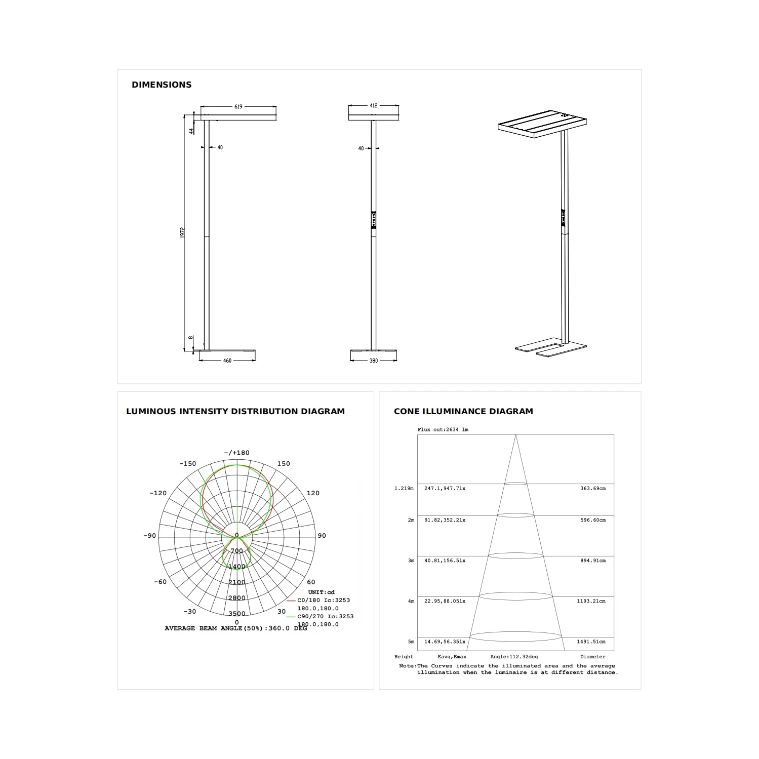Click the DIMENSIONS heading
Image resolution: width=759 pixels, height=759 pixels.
[162, 85]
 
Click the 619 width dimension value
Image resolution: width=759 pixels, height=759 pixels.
[238, 107]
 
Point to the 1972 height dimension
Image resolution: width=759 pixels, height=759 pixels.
[183, 232]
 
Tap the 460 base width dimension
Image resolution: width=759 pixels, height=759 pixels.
[227, 361]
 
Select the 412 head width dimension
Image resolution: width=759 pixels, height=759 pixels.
[373, 106]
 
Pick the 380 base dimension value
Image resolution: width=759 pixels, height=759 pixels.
[373, 361]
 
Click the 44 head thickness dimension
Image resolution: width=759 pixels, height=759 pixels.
[191, 130]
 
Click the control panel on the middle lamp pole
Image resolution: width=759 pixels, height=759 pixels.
[374, 220]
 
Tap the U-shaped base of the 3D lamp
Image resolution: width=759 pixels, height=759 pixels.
[551, 349]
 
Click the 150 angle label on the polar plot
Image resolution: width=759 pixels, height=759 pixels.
[284, 463]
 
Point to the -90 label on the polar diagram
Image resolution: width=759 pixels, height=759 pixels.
[150, 536]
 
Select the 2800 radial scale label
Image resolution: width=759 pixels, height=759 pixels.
[236, 598]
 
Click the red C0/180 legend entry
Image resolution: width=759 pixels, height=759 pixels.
[323, 600]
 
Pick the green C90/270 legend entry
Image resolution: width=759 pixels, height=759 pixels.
[325, 616]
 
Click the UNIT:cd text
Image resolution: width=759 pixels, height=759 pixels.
[321, 592]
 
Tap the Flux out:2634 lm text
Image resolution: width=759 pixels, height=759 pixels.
[443, 429]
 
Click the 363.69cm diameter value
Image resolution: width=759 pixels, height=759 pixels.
[592, 488]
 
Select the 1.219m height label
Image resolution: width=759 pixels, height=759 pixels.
[404, 488]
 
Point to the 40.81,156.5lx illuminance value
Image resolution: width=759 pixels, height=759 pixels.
[445, 561]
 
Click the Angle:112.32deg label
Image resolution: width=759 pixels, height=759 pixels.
[513, 657]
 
